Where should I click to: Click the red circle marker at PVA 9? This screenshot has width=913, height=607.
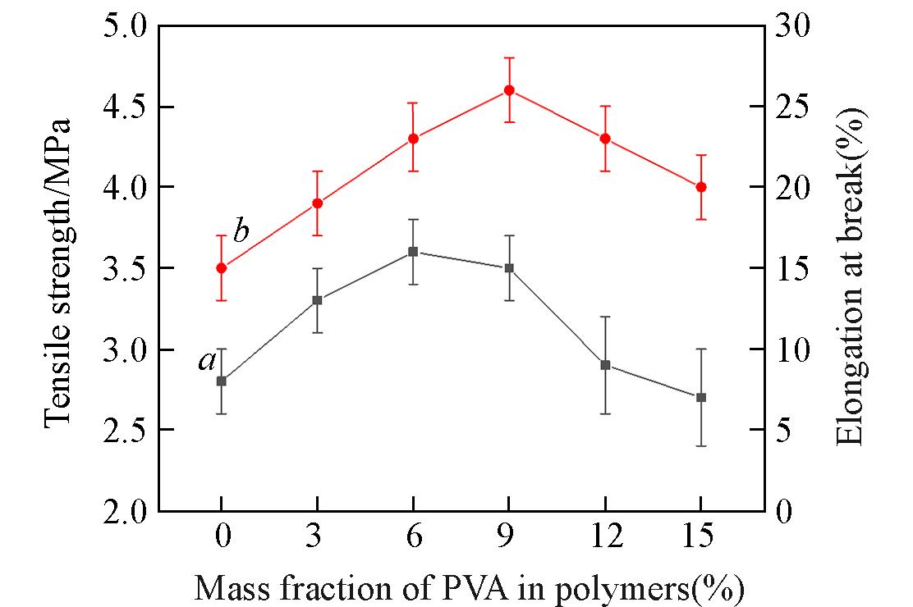pos(509,90)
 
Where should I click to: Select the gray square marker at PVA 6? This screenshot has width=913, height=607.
pos(413,252)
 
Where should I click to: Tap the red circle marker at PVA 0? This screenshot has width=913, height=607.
pos(222,267)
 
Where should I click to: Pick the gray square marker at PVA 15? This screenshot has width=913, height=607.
pos(701,397)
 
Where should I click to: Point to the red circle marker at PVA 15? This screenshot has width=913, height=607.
pos(701,187)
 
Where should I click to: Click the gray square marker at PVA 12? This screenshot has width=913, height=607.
pos(605,365)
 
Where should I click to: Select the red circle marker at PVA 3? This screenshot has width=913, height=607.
pos(317,203)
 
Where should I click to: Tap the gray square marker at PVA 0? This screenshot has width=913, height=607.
pos(222,381)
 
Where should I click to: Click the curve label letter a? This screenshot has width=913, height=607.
pos(207,360)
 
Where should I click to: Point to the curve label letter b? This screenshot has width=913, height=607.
pos(241,232)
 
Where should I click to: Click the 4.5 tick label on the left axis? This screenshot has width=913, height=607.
pos(126,107)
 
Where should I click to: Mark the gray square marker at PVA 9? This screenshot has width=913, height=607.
pos(509,268)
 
